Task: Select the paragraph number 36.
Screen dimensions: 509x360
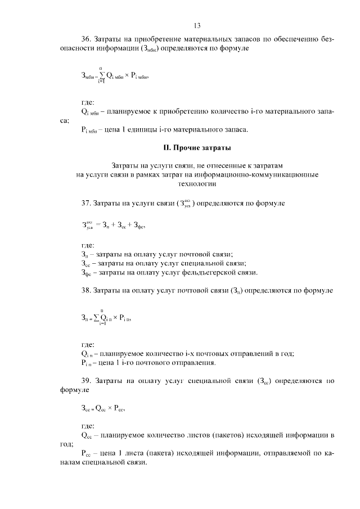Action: click(x=86, y=40)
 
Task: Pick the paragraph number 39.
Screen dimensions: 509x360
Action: click(x=86, y=381)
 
